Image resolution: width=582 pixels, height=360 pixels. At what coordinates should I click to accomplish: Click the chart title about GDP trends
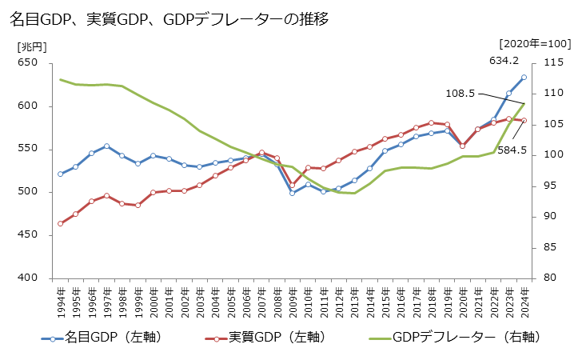pos(169,18)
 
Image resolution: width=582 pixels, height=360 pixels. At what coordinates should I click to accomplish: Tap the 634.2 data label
pos(504,61)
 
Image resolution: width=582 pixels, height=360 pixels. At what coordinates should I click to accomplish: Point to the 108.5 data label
pos(460,94)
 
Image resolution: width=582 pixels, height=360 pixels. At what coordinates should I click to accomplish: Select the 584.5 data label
pos(512,150)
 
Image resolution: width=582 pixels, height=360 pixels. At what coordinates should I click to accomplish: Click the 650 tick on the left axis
pos(27,63)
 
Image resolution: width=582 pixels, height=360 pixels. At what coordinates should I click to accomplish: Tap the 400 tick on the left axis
pos(27,278)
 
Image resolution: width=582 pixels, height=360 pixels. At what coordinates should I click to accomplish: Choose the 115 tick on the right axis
pos(554,63)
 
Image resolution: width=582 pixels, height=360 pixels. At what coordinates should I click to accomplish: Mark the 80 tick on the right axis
pos(551,278)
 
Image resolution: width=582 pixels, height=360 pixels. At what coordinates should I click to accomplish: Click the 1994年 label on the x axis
pos(61,302)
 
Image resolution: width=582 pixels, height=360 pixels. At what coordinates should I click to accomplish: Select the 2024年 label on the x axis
pos(524,302)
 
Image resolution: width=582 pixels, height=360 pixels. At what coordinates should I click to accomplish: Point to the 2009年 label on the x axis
pos(293,302)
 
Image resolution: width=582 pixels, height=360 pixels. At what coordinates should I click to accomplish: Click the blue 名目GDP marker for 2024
pos(524,78)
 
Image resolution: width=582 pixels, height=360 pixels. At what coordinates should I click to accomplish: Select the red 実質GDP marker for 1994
pos(60,223)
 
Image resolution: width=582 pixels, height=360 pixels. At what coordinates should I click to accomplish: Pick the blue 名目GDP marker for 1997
pos(106,146)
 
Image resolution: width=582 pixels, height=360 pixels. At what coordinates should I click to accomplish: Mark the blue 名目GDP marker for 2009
pos(292,193)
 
